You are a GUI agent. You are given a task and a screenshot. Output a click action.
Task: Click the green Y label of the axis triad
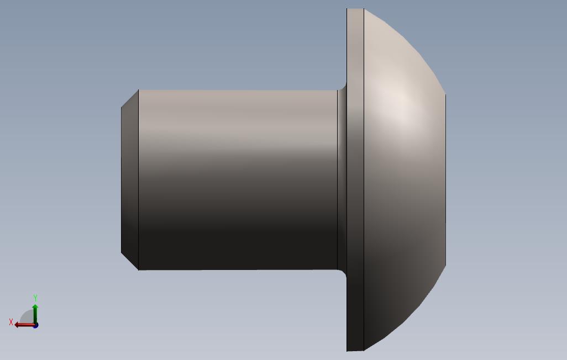click(x=35, y=298)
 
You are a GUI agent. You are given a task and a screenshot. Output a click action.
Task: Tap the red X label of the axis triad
click(x=11, y=322)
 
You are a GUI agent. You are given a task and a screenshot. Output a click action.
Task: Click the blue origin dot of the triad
click(x=35, y=325)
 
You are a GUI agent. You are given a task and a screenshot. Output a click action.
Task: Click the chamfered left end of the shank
click(x=129, y=179)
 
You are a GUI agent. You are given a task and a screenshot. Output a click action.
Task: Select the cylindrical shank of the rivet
click(x=238, y=179)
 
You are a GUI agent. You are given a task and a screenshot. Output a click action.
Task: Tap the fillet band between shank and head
click(x=342, y=179)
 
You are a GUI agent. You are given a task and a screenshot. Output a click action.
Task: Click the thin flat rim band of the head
click(x=355, y=179)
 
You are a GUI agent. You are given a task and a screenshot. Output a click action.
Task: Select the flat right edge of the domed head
click(x=445, y=179)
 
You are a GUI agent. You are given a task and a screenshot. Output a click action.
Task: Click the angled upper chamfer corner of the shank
click(x=130, y=98)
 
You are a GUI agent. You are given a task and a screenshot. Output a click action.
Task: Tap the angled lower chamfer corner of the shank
click(x=130, y=261)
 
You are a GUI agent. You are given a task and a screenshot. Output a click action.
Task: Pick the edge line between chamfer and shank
click(x=138, y=179)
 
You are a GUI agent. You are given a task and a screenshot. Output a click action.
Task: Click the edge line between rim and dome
click(x=364, y=179)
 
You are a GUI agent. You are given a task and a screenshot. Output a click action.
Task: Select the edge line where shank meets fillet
click(x=337, y=179)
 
